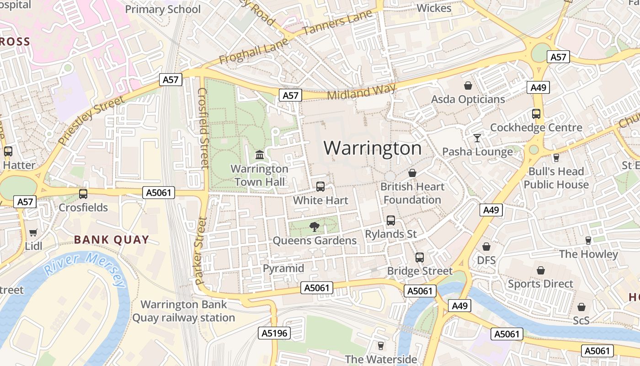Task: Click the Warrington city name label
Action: (373, 148)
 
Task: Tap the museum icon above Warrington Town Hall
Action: (260, 155)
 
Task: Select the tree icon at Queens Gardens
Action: (314, 226)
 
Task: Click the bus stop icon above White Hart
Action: (320, 187)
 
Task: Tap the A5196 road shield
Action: (274, 333)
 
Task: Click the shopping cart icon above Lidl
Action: (33, 233)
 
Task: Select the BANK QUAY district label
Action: (112, 239)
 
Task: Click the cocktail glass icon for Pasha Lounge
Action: (477, 137)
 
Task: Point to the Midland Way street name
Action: (361, 92)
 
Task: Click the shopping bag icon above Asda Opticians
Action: (468, 86)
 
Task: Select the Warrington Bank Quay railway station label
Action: (184, 311)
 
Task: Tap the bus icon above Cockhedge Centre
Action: (536, 114)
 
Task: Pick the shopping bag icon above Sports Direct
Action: (541, 270)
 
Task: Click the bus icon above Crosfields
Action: (83, 194)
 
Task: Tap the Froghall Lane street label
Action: (254, 51)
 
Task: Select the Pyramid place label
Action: (283, 268)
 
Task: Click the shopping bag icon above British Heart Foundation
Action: (412, 173)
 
